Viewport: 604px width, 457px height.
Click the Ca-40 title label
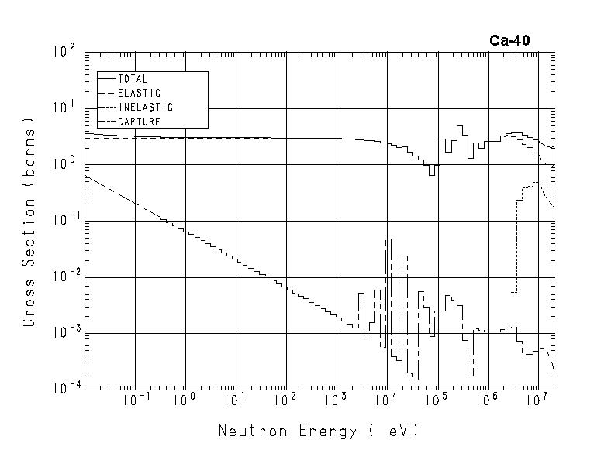point(509,41)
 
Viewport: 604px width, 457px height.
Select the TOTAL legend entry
point(133,79)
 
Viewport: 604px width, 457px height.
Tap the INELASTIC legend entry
point(146,107)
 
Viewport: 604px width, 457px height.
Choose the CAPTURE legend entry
point(139,121)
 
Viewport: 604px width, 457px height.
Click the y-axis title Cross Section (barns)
point(29,221)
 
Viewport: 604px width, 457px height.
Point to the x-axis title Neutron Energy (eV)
point(319,431)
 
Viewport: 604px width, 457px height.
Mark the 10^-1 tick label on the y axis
point(64,220)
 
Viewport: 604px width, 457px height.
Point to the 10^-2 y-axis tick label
point(64,277)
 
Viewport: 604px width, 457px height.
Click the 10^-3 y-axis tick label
point(64,333)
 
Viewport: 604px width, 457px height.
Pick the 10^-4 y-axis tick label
point(64,389)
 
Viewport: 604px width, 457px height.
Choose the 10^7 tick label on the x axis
point(536,400)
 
